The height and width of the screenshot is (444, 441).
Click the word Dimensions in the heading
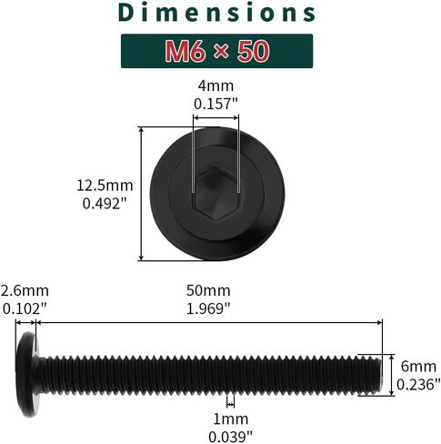coord(216,13)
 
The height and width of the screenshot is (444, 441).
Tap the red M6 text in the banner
coord(184,51)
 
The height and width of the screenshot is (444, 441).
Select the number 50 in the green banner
coord(254,51)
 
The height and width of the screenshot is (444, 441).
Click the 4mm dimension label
coord(215,86)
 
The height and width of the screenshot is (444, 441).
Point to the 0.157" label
coord(215,104)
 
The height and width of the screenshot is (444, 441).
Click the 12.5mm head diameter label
coord(105,186)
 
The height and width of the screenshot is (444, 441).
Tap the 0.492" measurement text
coord(105,204)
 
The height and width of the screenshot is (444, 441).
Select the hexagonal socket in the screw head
coord(215,193)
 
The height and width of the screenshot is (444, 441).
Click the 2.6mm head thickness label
coord(25,290)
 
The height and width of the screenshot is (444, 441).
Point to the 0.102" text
coord(25,309)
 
